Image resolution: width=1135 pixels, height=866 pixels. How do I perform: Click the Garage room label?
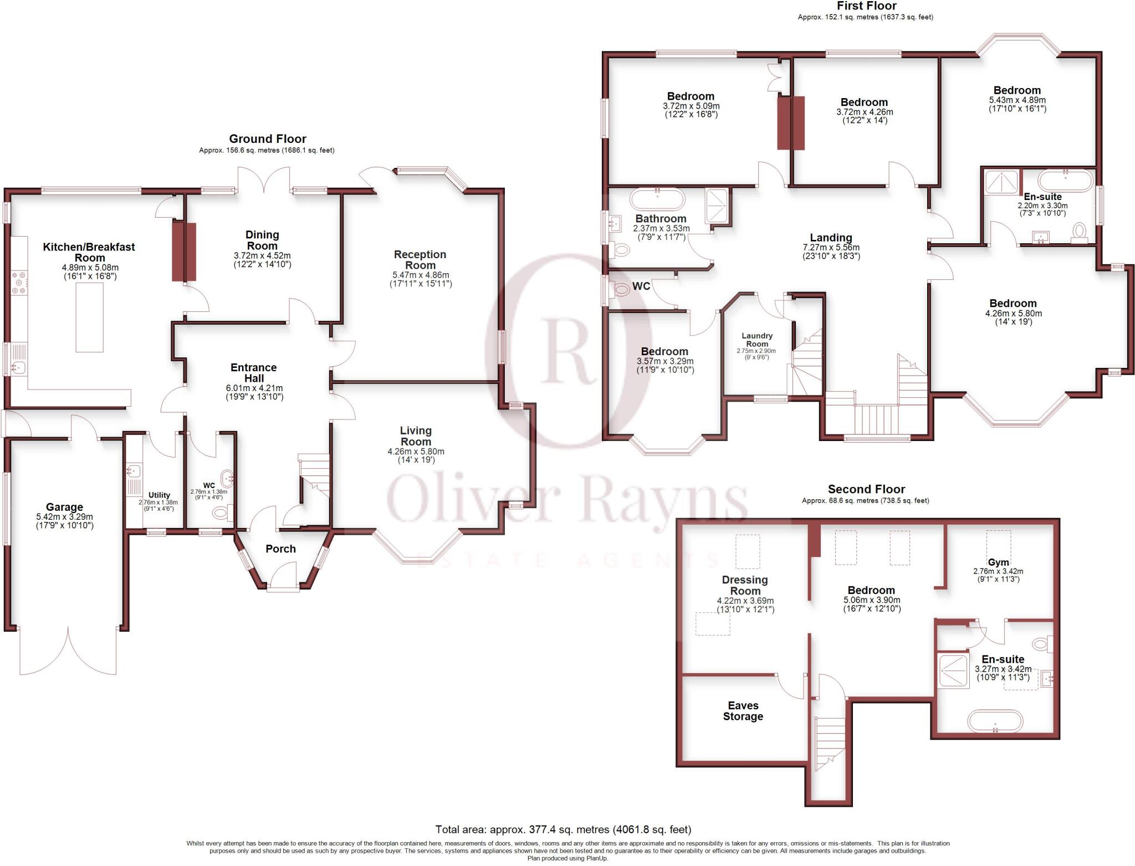(64, 507)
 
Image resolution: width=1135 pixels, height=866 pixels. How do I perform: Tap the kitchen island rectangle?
(89, 317)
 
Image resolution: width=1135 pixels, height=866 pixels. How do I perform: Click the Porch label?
(280, 549)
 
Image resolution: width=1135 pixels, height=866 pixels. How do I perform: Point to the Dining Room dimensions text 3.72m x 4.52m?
(262, 255)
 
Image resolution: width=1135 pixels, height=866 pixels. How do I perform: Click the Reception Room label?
(420, 259)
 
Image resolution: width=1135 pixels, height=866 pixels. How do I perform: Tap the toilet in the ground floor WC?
(221, 513)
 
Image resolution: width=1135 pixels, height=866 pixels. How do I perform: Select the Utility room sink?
(133, 471)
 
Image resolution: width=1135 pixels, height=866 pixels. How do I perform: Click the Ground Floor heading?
(267, 139)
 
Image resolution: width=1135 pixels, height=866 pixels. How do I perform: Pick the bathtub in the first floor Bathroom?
(657, 198)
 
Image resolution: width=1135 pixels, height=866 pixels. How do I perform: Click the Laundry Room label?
(757, 340)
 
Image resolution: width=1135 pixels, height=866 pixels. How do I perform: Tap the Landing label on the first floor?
(831, 238)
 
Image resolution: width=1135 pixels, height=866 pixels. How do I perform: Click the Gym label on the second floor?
(998, 562)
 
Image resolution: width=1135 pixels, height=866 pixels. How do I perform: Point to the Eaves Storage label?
(743, 711)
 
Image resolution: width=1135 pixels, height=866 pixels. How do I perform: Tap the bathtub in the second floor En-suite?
(995, 721)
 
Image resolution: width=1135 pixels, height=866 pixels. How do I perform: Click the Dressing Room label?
(745, 585)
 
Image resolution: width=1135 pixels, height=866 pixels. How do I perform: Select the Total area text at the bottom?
(563, 829)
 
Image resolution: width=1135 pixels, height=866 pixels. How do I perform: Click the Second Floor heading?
(866, 489)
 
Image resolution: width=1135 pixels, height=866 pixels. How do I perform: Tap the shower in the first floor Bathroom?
(719, 205)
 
